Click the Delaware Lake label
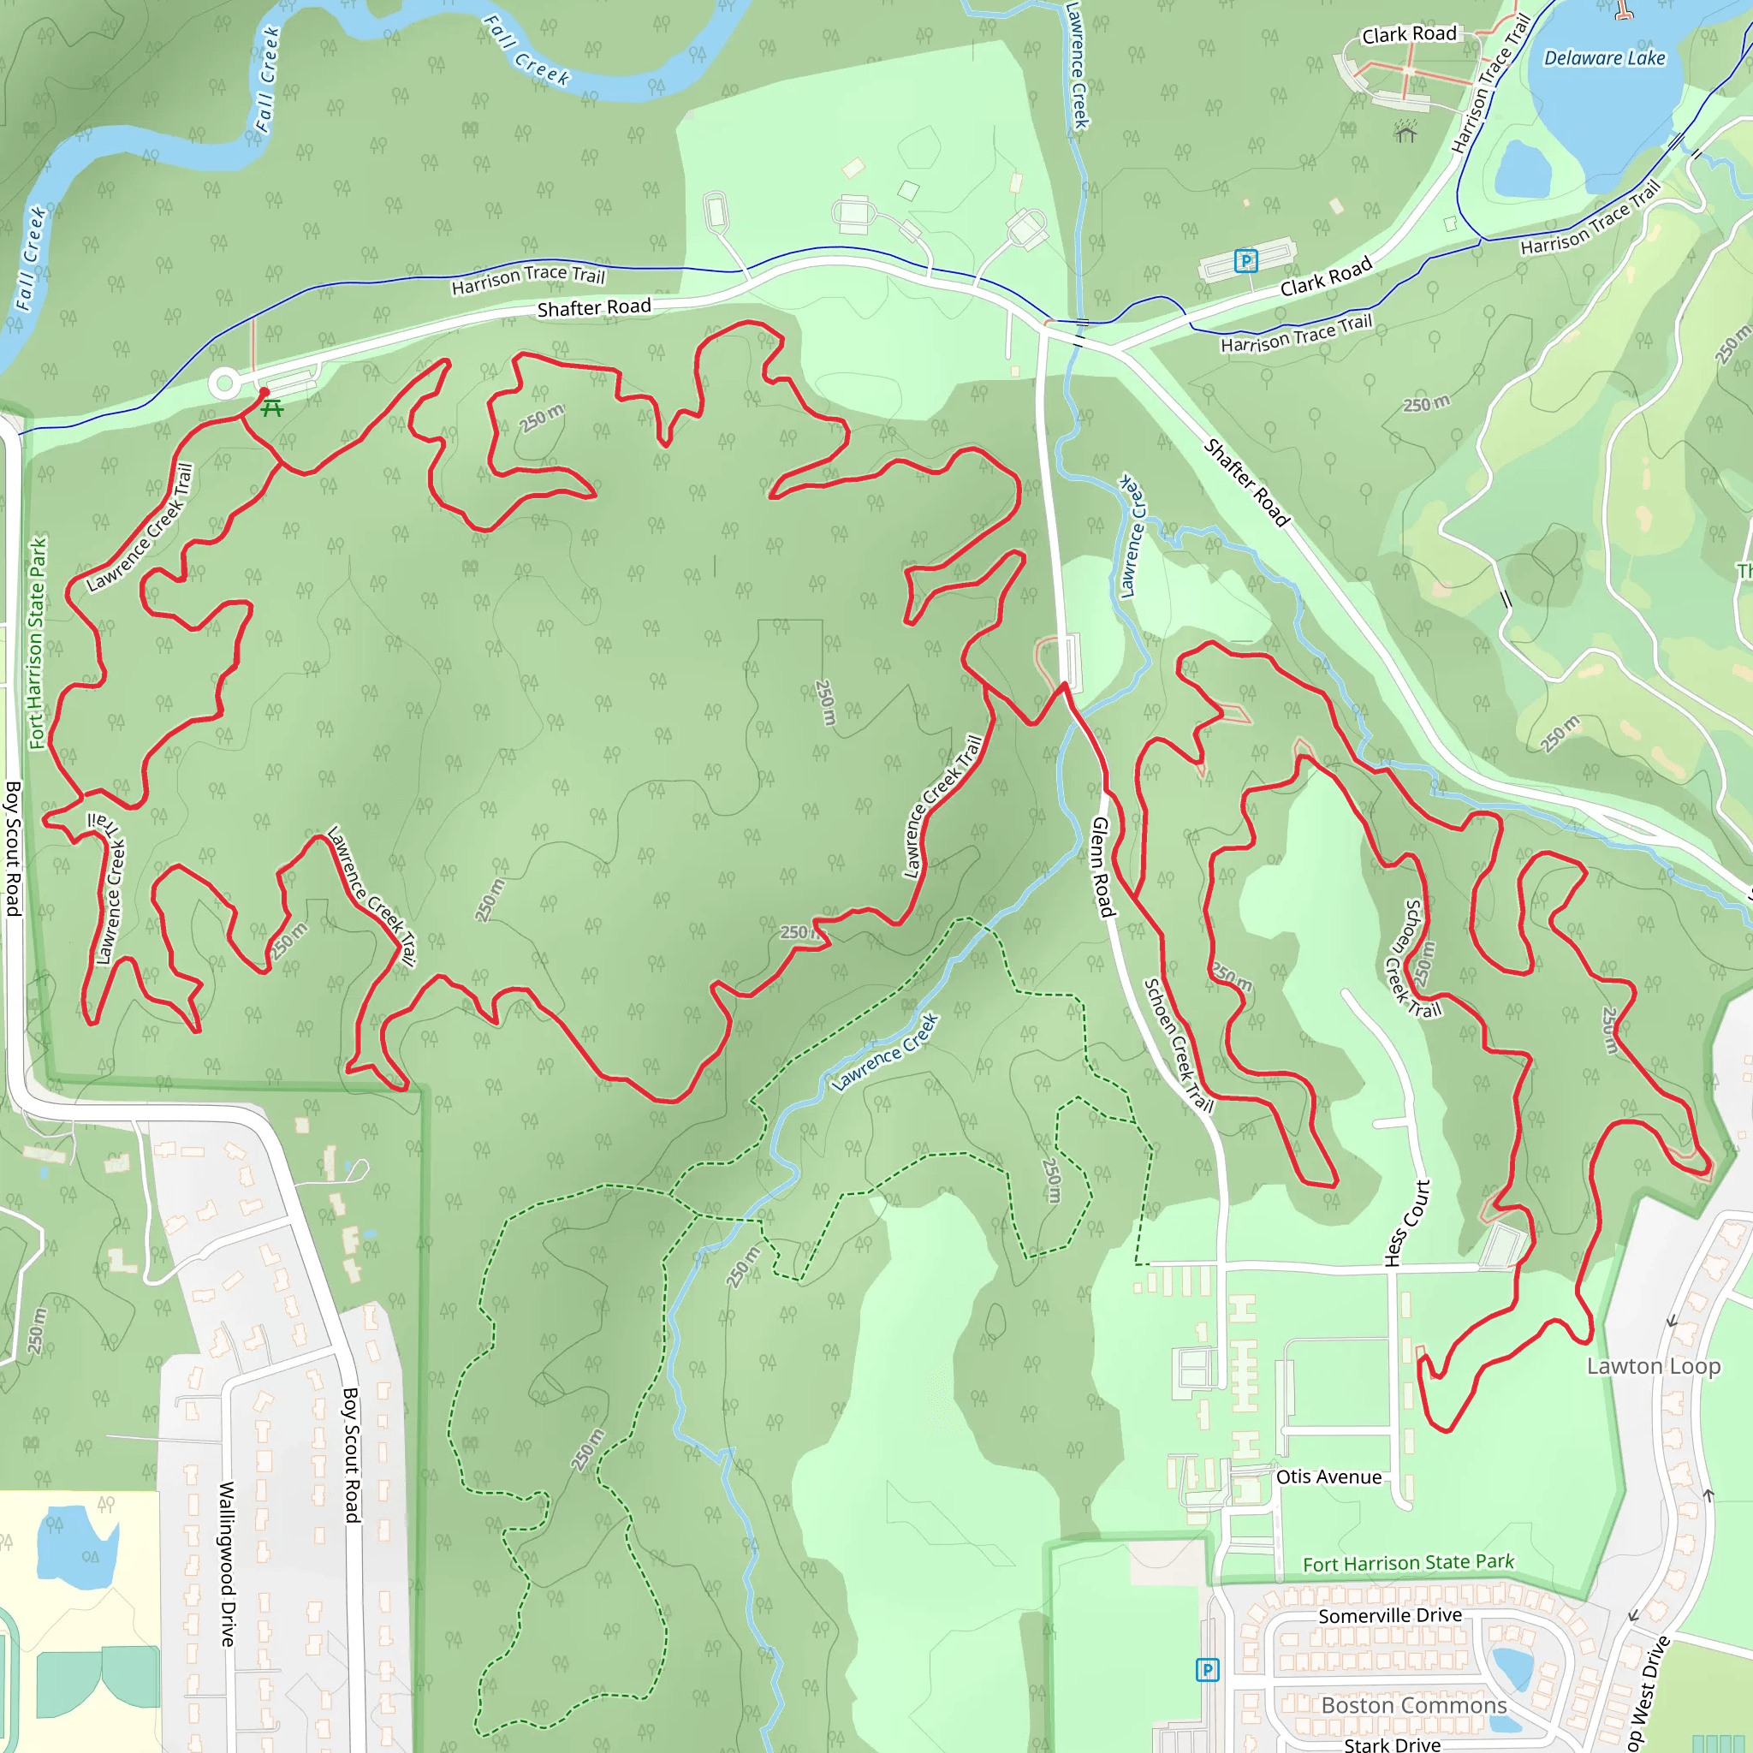point(1604,58)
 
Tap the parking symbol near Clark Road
point(1245,261)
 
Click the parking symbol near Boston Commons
point(1207,1669)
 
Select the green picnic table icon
point(271,408)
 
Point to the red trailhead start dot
point(264,392)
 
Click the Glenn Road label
point(1101,866)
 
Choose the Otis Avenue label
point(1328,1477)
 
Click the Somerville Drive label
point(1389,1616)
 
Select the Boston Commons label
point(1414,1706)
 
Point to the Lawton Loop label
point(1653,1366)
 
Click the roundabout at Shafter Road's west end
point(224,383)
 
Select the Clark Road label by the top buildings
point(1408,34)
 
